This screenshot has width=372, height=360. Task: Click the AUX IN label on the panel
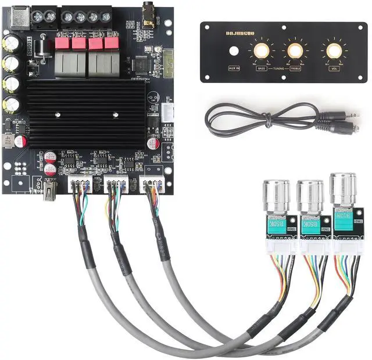pos(233,68)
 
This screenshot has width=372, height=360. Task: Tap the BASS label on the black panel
pos(261,68)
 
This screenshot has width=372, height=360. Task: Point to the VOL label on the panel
pos(334,68)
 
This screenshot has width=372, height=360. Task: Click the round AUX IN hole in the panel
pos(233,51)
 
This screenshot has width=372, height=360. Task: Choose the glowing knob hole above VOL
pos(334,51)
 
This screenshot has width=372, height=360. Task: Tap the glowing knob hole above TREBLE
pos(295,51)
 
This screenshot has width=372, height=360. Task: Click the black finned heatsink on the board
pos(87,113)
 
